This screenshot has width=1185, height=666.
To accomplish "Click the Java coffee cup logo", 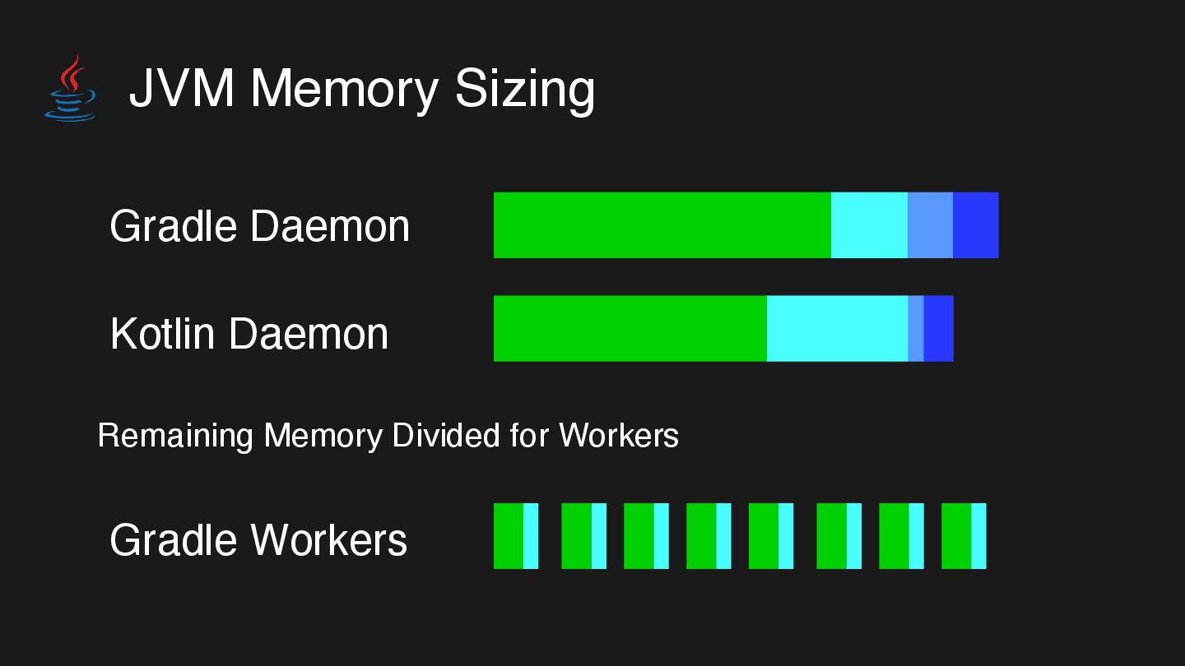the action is (70, 89).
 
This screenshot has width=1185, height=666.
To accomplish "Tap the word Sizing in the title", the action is (524, 89).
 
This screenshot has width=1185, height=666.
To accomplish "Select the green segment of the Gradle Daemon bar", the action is (662, 225).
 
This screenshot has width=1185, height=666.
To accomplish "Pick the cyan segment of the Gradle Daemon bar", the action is (869, 225).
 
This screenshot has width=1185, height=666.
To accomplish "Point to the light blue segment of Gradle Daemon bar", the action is (930, 225).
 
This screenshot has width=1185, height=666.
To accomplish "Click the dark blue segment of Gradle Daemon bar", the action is (975, 225).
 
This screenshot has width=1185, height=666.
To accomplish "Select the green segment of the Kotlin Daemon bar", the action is (630, 328).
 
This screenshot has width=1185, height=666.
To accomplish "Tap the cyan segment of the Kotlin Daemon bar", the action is (837, 328).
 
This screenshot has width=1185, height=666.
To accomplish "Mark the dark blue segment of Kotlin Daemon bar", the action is (938, 328).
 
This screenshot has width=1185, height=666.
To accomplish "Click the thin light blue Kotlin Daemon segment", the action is (915, 328).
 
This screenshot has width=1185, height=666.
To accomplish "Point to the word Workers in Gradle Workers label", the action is (328, 540).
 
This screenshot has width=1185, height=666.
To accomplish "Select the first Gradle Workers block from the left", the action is (516, 536).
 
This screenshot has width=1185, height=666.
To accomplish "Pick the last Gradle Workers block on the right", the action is (964, 536).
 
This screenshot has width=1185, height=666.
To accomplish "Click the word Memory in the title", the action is (344, 88).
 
